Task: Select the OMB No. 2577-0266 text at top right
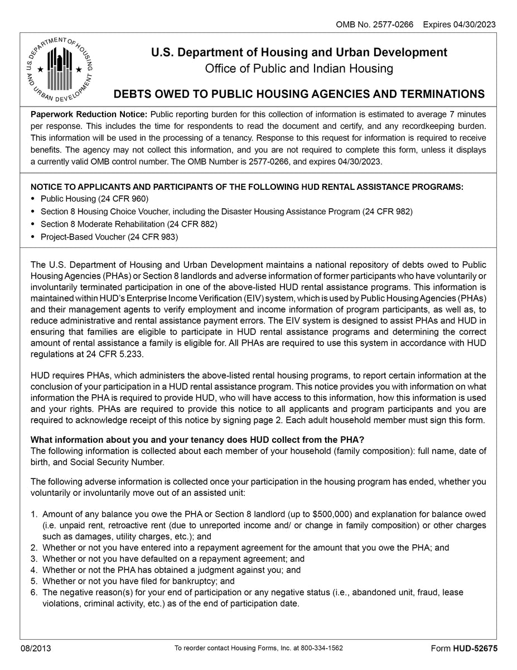[374, 25]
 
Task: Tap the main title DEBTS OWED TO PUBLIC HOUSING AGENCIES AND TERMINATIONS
[299, 93]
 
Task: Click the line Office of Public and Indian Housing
[299, 69]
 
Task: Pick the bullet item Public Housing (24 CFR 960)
[94, 199]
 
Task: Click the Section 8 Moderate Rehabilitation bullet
[128, 224]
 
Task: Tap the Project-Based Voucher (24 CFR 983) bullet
[109, 237]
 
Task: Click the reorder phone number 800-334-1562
[322, 648]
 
